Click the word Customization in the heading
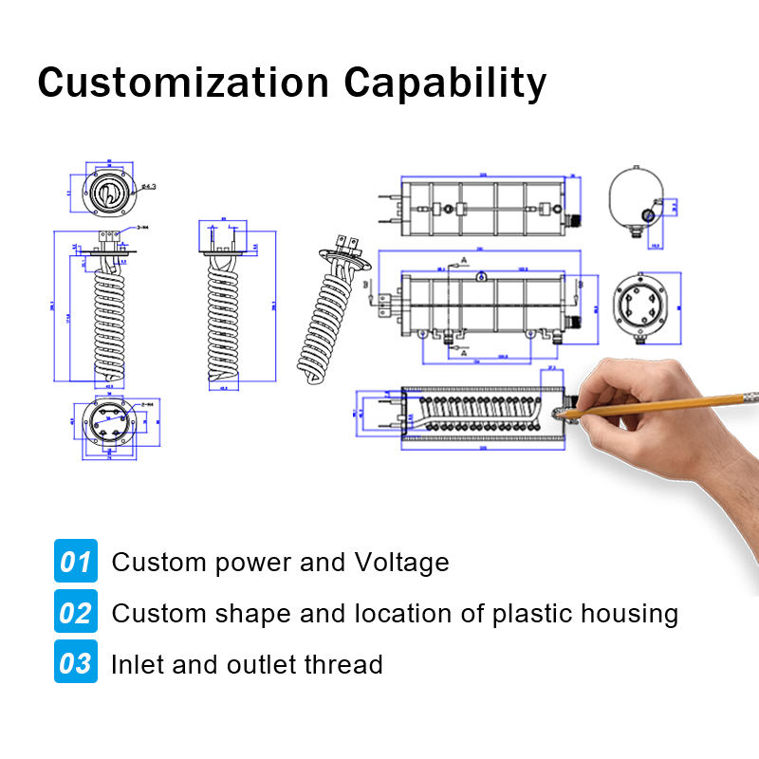(180, 83)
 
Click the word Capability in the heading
(445, 83)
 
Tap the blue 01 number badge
(75, 562)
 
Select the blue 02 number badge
(75, 613)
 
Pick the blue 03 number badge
(75, 663)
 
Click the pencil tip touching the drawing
(561, 413)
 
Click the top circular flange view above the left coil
(110, 191)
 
